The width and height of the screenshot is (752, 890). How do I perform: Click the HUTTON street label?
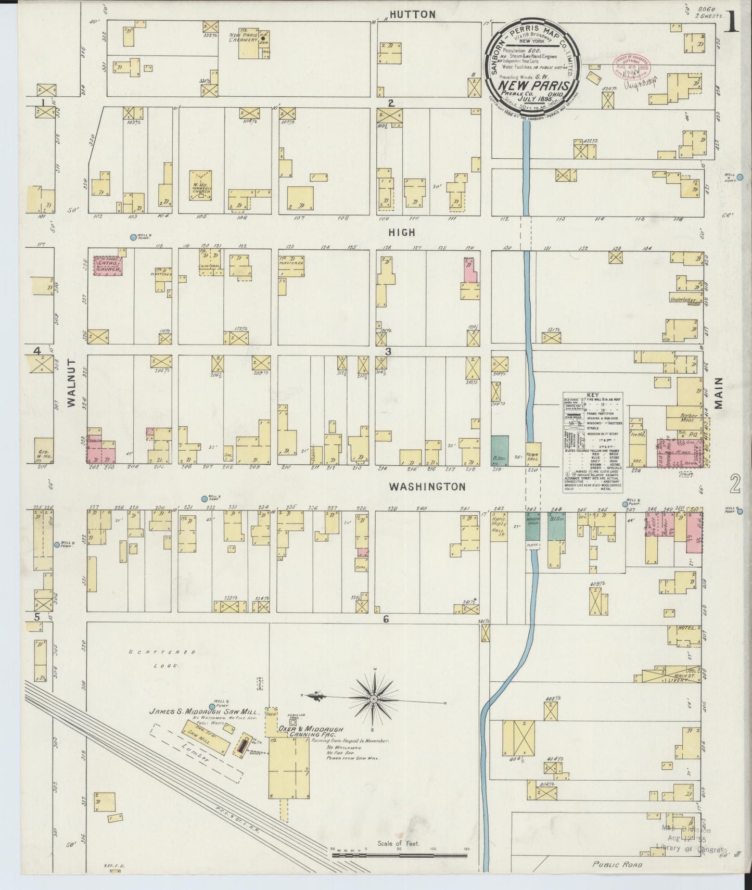point(413,15)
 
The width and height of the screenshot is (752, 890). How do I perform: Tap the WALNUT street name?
point(71,382)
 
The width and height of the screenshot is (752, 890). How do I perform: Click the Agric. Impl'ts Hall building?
point(499,527)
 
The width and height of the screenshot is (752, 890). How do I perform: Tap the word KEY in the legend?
point(593,395)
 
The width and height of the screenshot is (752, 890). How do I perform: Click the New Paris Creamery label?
point(243,37)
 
